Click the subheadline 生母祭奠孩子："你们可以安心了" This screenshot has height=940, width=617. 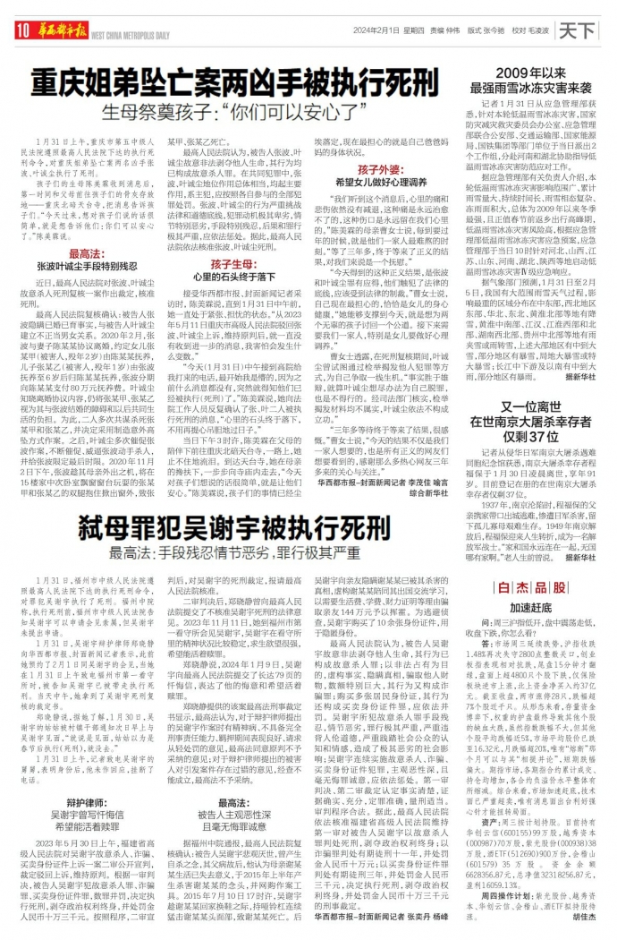click(238, 114)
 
